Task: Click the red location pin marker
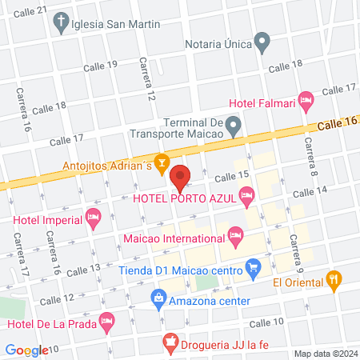click(180, 175)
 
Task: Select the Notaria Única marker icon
click(262, 42)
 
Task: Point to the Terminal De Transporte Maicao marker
click(233, 124)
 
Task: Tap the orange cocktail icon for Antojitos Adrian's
click(162, 166)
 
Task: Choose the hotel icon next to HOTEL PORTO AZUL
click(247, 194)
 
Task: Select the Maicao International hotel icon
click(235, 235)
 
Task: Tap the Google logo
click(26, 350)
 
